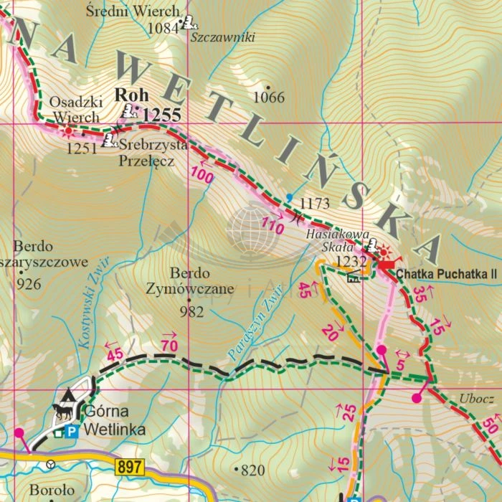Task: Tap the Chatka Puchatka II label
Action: tap(446, 274)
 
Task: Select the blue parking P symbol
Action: tap(70, 431)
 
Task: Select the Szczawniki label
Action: tap(223, 38)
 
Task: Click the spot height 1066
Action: tap(269, 97)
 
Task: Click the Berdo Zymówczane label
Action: tap(190, 281)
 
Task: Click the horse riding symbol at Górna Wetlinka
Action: tap(62, 412)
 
